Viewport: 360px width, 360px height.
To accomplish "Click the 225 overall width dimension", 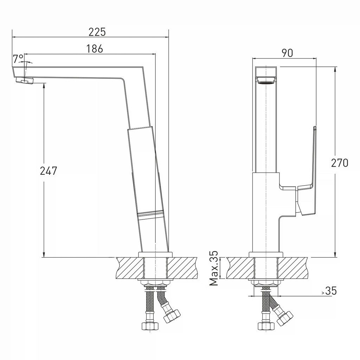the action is [97, 32].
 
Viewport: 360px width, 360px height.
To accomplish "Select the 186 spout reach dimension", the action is [95, 49].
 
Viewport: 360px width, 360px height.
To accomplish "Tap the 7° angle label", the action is [18, 59].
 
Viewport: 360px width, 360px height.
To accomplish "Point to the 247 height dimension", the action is [49, 171].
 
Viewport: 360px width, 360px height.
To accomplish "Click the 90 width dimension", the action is [287, 53].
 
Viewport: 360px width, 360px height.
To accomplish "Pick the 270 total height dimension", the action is [340, 163].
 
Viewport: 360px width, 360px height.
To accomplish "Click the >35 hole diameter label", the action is [329, 291].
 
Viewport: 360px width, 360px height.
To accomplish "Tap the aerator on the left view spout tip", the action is [25, 81].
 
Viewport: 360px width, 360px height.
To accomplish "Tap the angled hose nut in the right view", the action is [285, 318].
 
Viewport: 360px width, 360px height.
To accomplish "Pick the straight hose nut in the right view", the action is [266, 326].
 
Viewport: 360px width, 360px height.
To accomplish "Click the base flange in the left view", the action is [155, 255].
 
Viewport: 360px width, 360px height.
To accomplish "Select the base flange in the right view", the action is [266, 255].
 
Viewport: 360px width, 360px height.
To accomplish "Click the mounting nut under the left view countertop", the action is [155, 283].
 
